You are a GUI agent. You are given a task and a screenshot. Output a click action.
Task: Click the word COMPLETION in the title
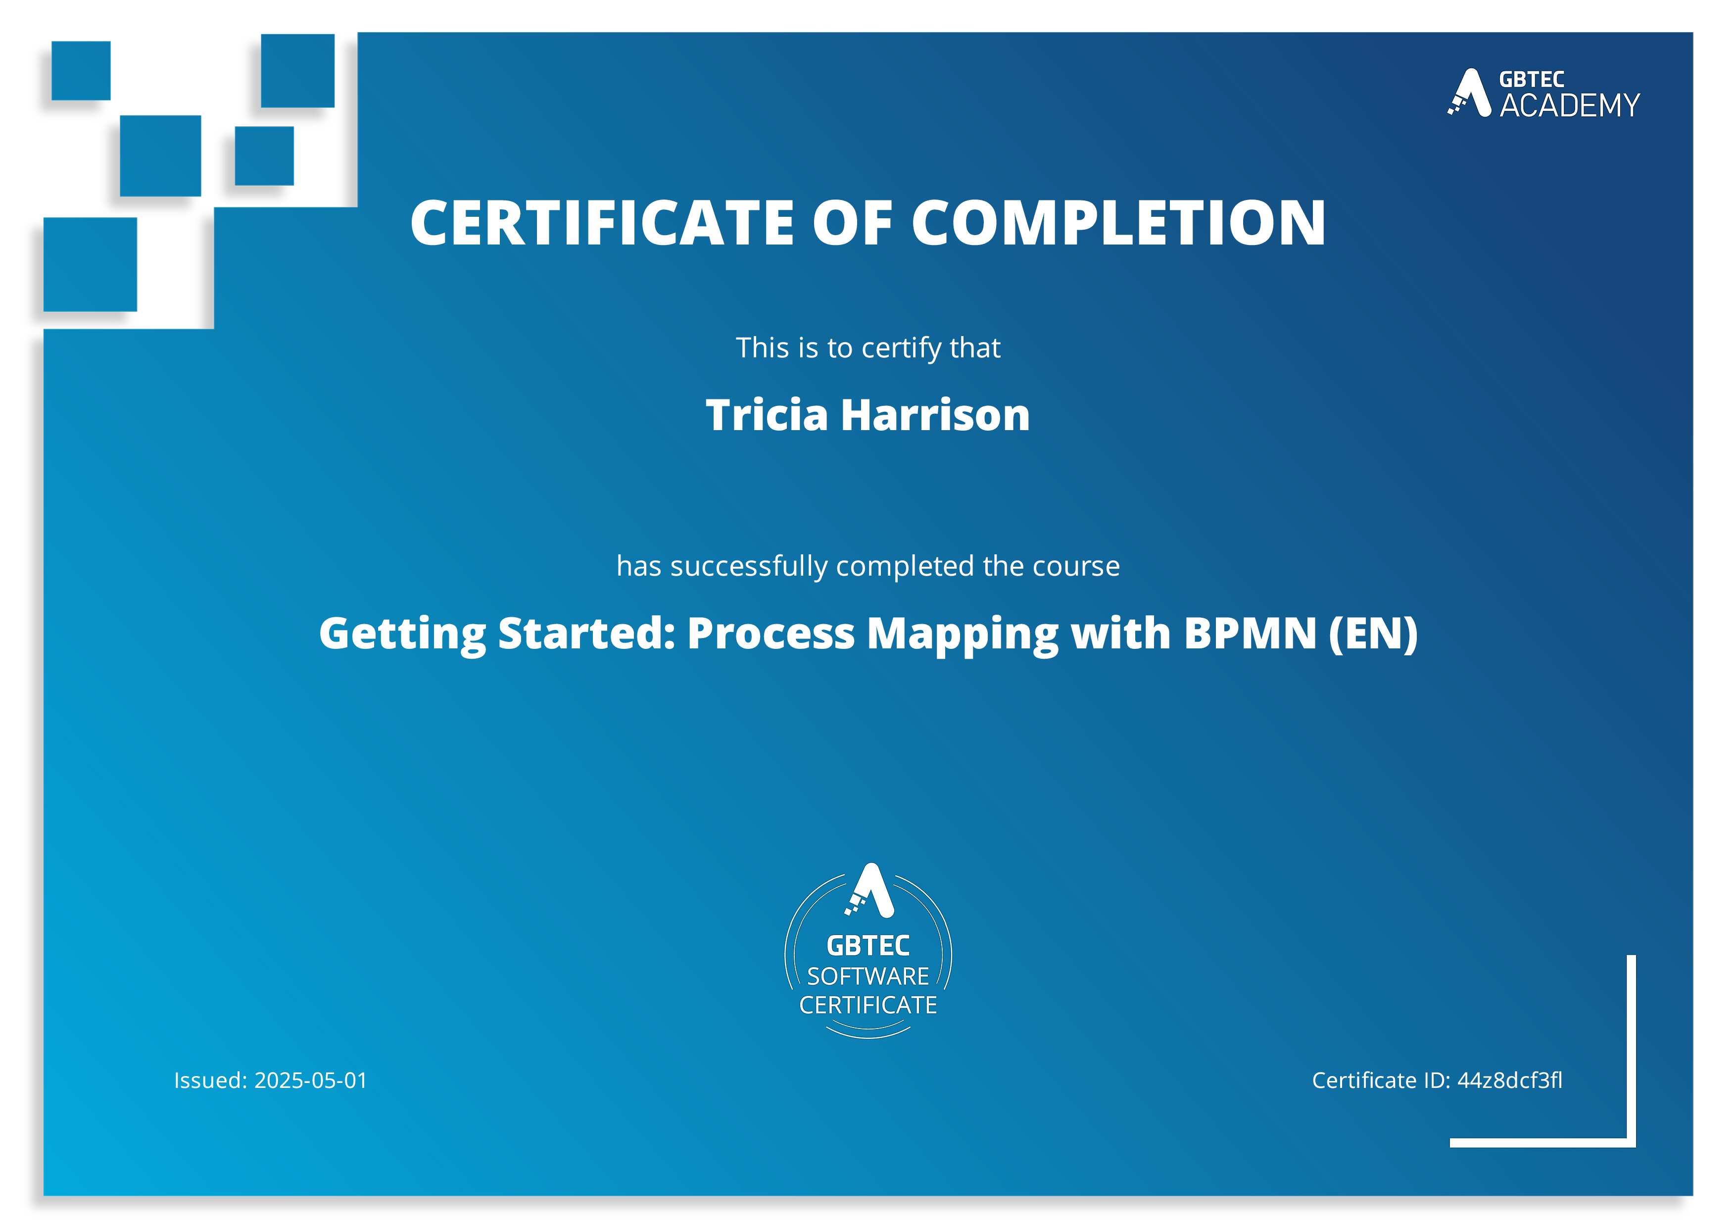pos(1118,223)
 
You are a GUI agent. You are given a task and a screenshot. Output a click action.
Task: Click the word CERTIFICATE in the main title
pos(602,223)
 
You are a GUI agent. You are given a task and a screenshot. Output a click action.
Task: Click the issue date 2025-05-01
pos(311,1080)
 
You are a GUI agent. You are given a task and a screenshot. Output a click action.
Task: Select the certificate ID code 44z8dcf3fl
pos(1509,1080)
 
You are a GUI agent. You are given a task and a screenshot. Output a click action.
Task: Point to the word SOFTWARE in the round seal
pos(868,976)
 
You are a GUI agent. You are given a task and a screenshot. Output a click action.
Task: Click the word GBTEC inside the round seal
pos(868,946)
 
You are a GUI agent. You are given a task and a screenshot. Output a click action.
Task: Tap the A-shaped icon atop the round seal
pos(869,890)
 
